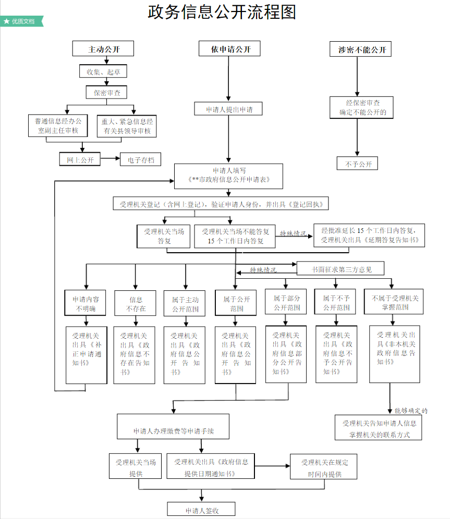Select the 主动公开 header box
click(103, 49)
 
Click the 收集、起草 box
click(103, 71)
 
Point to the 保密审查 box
click(106, 92)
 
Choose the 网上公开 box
click(80, 159)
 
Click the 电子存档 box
click(141, 159)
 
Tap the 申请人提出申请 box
click(228, 109)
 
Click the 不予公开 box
click(358, 163)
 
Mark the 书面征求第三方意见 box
click(341, 269)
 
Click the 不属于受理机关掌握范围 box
click(395, 302)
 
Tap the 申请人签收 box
click(201, 510)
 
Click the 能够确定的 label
click(411, 411)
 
